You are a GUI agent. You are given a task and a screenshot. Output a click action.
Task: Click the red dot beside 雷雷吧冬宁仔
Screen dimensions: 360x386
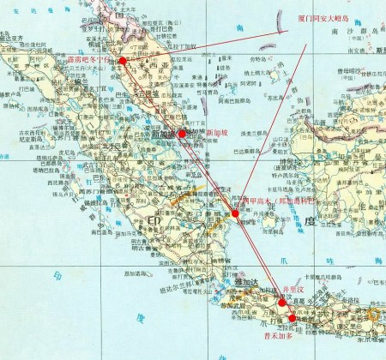(123, 61)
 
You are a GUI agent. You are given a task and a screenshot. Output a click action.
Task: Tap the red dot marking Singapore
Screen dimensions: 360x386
(182, 134)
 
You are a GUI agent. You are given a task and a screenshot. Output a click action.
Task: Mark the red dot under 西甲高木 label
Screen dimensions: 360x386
(235, 213)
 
